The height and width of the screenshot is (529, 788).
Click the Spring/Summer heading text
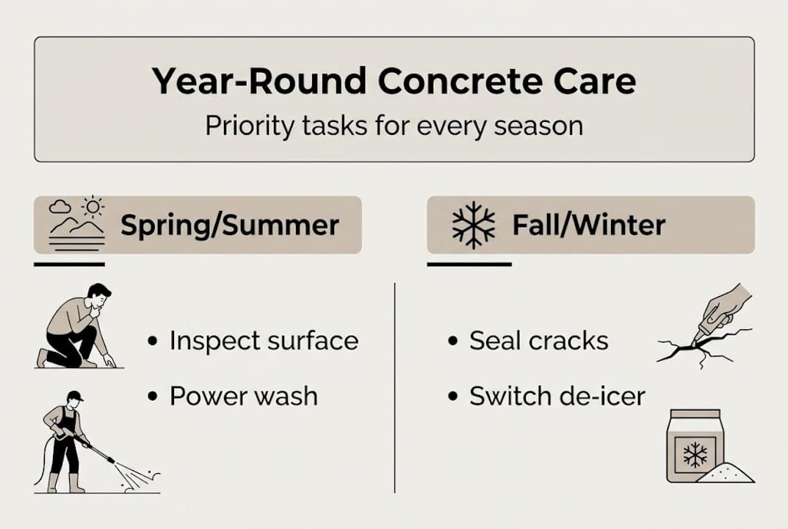230,225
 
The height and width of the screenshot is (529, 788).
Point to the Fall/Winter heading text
588,225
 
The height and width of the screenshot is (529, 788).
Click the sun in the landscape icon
93,206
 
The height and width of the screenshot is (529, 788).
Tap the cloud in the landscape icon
60,207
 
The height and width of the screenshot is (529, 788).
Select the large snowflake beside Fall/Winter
473,225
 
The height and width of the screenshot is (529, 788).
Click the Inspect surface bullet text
264,341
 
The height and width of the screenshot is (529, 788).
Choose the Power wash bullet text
243,396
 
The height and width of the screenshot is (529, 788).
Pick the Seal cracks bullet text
538,341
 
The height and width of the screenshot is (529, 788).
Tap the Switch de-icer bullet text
557,396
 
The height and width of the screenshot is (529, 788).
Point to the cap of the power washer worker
74,396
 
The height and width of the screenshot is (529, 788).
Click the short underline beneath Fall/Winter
469,264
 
